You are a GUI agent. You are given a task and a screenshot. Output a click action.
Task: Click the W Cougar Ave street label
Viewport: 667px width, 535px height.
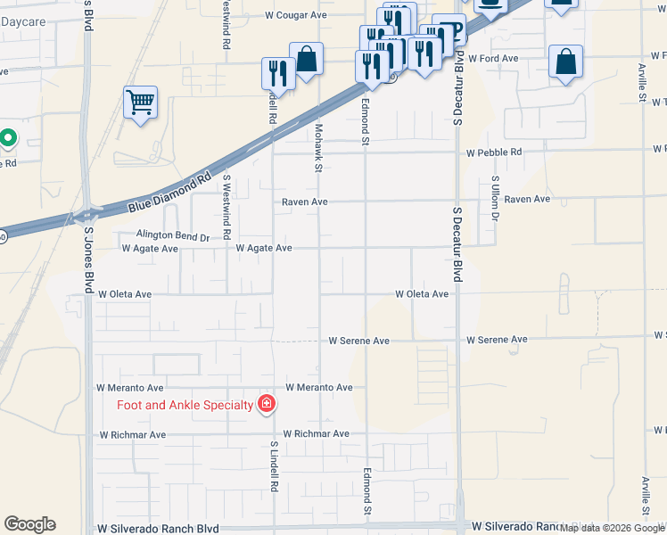tap(297, 15)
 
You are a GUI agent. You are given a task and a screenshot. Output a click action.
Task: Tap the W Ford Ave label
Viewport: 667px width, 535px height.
tap(493, 58)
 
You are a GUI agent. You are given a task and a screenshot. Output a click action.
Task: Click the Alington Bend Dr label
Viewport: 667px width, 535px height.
tap(172, 236)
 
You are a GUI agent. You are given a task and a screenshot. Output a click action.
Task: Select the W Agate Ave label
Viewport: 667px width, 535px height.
tap(264, 248)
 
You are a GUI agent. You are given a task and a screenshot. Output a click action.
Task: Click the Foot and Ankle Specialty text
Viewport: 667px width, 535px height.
tap(185, 405)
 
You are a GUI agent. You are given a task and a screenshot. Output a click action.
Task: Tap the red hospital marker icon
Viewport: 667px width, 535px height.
tap(266, 405)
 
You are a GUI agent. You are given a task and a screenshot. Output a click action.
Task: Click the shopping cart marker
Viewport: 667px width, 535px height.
tap(140, 103)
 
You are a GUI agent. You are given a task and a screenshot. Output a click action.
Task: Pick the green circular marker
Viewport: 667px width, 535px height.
tap(8, 138)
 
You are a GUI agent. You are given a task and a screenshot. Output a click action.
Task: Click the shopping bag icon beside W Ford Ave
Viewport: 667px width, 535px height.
tap(565, 62)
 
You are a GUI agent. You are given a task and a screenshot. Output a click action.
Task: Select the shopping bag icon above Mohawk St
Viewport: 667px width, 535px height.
tap(306, 60)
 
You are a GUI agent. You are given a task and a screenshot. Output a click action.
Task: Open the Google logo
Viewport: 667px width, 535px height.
tap(29, 524)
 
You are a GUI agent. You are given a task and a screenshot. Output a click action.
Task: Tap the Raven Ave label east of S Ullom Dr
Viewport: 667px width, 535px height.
tap(527, 199)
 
